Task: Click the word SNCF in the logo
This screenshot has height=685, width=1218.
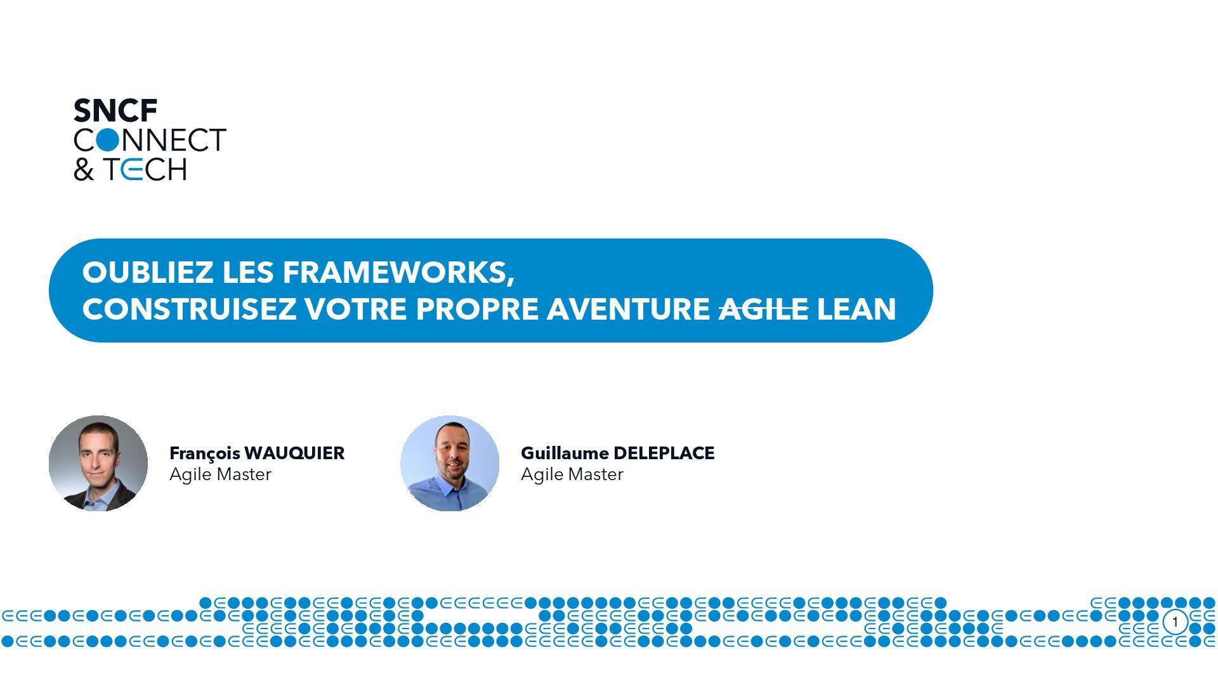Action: [x=115, y=111]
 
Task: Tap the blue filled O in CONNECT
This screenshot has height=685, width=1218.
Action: [x=108, y=140]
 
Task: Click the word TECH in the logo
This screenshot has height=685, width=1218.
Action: [x=145, y=169]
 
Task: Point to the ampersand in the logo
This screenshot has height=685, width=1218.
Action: [x=83, y=170]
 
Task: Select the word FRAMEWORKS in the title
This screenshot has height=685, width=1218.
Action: [x=398, y=273]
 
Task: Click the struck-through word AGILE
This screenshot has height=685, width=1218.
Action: [x=763, y=310]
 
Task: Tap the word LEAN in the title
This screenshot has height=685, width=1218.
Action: [x=856, y=310]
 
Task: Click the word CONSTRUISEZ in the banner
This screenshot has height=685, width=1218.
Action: [x=189, y=310]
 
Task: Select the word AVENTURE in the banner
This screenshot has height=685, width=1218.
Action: [x=628, y=310]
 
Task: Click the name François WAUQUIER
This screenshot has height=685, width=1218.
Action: [x=257, y=453]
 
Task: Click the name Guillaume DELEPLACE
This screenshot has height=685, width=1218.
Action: [x=617, y=453]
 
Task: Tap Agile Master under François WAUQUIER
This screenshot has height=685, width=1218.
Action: [x=220, y=474]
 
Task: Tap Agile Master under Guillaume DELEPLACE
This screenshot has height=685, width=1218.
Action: [x=572, y=474]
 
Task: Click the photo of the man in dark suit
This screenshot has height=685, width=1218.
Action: [x=98, y=464]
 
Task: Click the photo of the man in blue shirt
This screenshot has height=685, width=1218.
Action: [x=450, y=464]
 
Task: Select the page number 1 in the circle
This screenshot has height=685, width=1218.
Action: [x=1175, y=622]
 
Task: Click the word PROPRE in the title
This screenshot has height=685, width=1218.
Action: [x=477, y=310]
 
